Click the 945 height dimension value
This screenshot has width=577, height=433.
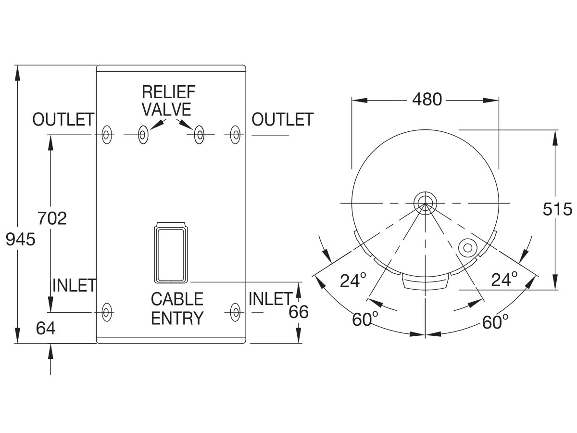[x=21, y=239]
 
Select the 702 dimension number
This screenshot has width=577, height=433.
[x=52, y=218]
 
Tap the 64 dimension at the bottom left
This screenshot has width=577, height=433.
[x=46, y=328]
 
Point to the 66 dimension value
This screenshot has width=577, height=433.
[x=299, y=312]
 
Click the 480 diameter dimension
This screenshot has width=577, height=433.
[x=427, y=100]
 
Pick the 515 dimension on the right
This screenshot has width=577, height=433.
[x=557, y=209]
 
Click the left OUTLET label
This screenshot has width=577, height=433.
[x=63, y=119]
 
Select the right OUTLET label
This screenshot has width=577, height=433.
[x=282, y=119]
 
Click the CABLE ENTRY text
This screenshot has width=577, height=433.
[x=177, y=308]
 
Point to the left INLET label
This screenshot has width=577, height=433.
[x=74, y=285]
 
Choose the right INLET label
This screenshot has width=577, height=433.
[x=270, y=299]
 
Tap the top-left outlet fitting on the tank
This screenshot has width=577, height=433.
[x=107, y=135]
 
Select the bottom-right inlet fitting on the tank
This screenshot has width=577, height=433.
[x=235, y=312]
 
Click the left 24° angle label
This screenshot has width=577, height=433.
[x=353, y=280]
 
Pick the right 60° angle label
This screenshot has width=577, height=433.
[x=495, y=321]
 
